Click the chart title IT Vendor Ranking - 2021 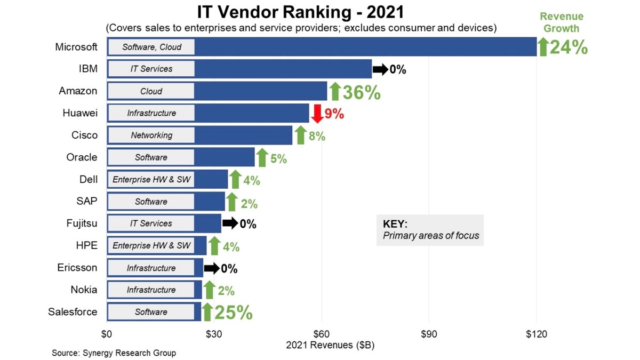coord(301,12)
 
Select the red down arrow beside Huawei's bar coord(317,114)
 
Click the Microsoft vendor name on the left coord(76,47)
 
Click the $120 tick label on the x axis coord(537,334)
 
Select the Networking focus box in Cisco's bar coord(151,135)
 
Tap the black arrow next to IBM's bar coord(380,69)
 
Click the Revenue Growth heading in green coord(561,23)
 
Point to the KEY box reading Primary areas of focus coord(430,230)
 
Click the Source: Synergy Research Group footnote coord(114,353)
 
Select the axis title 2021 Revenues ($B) coord(330,345)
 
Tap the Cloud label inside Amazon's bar coord(151,91)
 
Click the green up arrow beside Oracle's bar coord(262,158)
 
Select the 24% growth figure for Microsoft coord(569,48)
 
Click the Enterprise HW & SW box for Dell coord(151,180)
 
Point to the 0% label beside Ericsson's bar coord(229,269)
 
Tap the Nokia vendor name coord(84,290)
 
